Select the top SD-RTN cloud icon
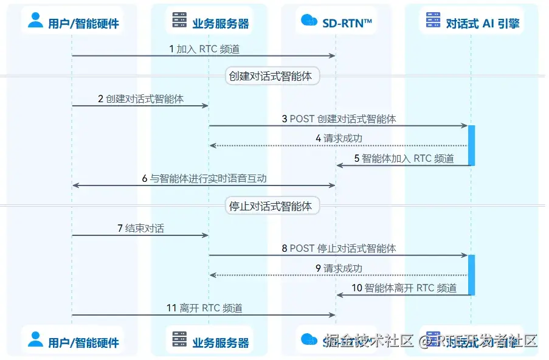[x=309, y=21]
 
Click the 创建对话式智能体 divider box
[x=272, y=76]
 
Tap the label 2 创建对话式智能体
[x=140, y=99]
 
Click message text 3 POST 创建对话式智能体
[x=339, y=119]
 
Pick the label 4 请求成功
[x=339, y=138]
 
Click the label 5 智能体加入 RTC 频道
[x=404, y=159]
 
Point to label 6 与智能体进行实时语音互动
[x=204, y=179]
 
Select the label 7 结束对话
[x=140, y=229]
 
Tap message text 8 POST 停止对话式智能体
[x=339, y=248]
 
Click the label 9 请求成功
[x=339, y=268]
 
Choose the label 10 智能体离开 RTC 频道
[x=404, y=288]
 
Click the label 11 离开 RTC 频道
[x=204, y=308]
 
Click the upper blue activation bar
[x=471, y=145]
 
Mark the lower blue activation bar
[x=471, y=274]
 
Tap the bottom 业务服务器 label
[x=221, y=342]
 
